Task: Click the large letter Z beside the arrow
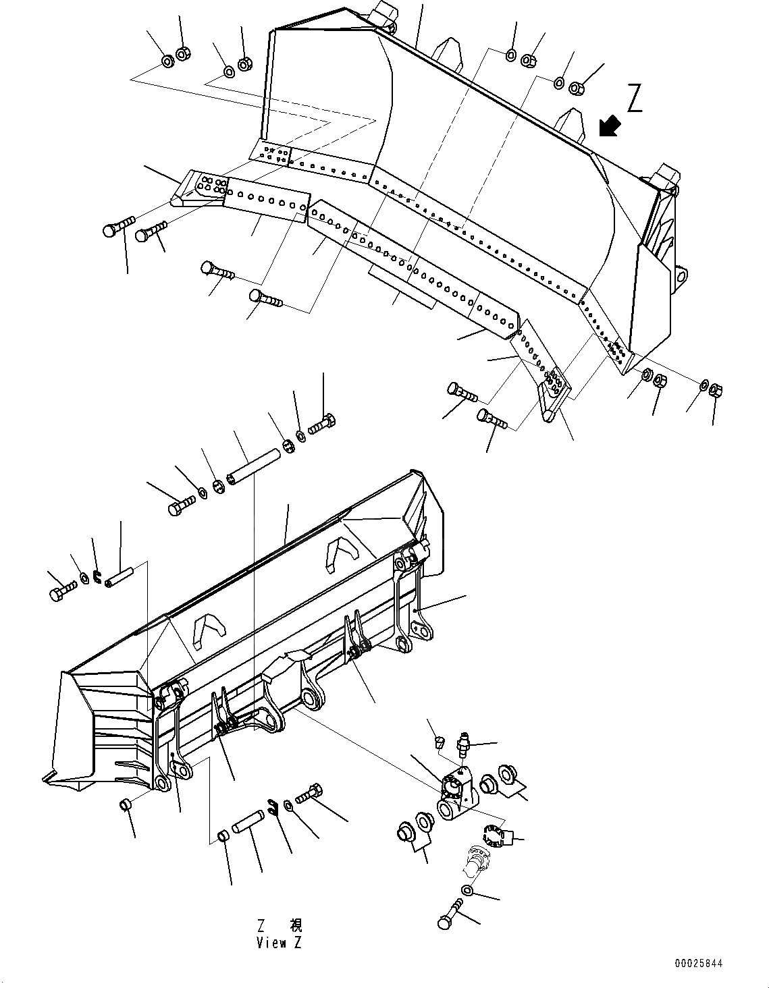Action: [x=634, y=99]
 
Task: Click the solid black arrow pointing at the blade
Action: [x=610, y=126]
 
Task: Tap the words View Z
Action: [x=279, y=943]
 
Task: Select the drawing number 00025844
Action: [x=697, y=963]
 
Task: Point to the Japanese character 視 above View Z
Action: [x=296, y=925]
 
